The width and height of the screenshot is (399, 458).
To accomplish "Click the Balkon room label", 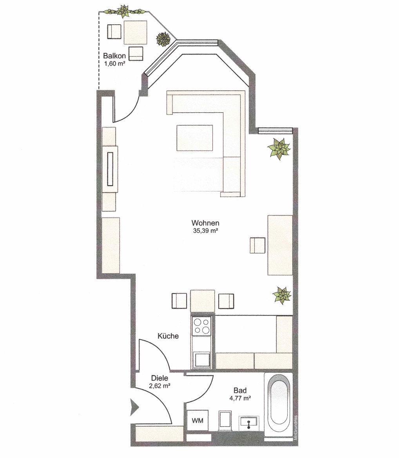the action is point(114,56).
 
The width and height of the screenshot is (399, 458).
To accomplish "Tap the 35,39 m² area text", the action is point(205,231).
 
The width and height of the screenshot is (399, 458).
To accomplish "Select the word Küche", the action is point(168,336).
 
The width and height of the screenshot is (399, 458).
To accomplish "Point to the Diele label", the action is point(160,378).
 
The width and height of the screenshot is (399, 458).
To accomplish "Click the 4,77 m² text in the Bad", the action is point(240,398).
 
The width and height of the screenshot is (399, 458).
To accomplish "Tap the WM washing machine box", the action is point(198,420).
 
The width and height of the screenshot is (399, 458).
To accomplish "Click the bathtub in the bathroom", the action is point(279,403).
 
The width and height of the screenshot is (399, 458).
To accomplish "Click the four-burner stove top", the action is point(201,326).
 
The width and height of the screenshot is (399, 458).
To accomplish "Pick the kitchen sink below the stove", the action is point(201,360).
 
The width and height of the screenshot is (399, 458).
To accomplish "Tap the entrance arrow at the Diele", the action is point(134,407).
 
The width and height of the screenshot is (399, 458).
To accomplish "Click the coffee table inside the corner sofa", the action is point(194,138).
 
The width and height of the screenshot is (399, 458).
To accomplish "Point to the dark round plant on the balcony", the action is point(163,39).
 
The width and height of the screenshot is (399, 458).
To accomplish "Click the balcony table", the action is point(135,32).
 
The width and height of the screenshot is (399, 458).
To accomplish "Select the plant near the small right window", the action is point(279,149).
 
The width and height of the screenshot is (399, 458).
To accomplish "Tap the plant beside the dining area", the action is point(282,295).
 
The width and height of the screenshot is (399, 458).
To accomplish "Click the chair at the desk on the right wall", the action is point(258,245).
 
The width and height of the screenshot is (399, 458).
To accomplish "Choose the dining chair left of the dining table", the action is point(179,301).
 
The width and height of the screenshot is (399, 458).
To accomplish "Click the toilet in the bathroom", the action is point(225,420).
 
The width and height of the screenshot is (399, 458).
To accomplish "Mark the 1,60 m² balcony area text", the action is point(115,63).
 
